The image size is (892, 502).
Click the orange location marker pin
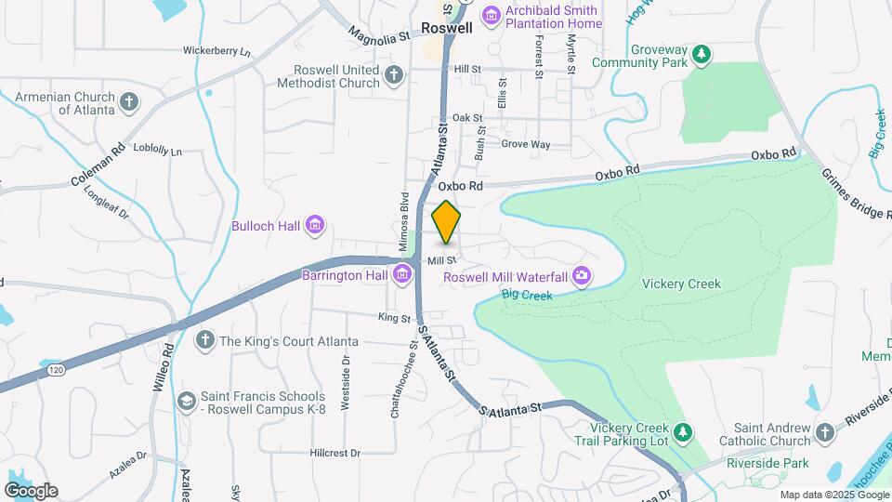coord(447,221)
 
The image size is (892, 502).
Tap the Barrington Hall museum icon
coord(402,274)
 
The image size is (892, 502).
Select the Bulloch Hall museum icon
coord(315,225)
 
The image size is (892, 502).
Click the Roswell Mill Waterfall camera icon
coord(583,274)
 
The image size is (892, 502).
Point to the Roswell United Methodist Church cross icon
coord(394,73)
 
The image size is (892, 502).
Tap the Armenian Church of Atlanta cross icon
coord(129,100)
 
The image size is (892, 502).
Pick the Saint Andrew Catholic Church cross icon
coord(825,433)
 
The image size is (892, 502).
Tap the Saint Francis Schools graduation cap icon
coord(187,400)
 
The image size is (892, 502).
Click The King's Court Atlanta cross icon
coord(204,340)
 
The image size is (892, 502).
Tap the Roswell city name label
coord(447,28)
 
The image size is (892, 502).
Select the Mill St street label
coord(441,261)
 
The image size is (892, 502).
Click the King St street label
coord(394,318)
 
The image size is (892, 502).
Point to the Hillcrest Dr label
coord(334,453)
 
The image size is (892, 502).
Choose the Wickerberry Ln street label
coord(217,51)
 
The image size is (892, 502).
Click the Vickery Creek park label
coord(681,284)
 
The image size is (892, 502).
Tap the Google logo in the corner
coord(31,491)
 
